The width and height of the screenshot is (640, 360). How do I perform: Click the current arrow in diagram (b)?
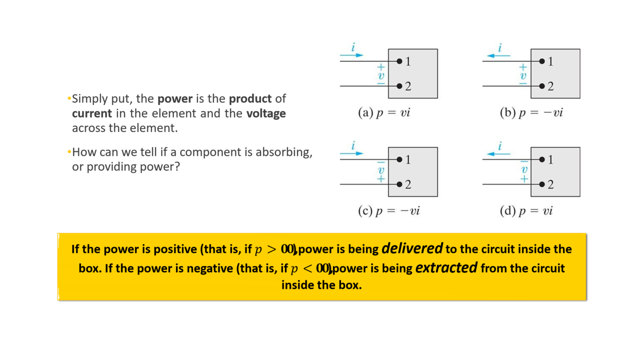tap(498, 56)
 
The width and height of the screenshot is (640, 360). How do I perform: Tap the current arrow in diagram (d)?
tap(498, 154)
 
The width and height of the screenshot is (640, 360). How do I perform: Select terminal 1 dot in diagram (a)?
tap(399, 61)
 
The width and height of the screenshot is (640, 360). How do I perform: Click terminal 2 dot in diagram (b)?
tap(542, 86)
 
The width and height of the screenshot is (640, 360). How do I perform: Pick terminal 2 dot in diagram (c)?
tap(399, 184)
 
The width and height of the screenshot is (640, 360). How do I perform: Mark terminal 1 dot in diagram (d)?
tap(542, 159)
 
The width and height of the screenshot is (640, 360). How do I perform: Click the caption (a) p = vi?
tap(384, 113)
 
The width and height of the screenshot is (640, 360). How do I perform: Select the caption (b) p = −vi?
tap(531, 113)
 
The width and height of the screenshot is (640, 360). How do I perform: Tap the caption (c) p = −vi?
tap(389, 211)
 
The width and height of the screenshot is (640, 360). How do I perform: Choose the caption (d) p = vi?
tap(526, 211)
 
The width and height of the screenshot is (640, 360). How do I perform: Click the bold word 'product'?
tap(250, 99)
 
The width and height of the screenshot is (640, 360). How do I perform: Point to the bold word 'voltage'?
tap(266, 114)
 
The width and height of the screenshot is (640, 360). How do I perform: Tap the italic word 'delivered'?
tap(412, 249)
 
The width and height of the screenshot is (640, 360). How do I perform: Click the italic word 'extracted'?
tap(446, 267)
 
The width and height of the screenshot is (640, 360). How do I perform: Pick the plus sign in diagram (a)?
tap(381, 67)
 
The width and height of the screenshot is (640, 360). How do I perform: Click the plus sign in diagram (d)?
tap(524, 179)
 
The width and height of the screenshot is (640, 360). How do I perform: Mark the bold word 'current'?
tap(92, 114)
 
